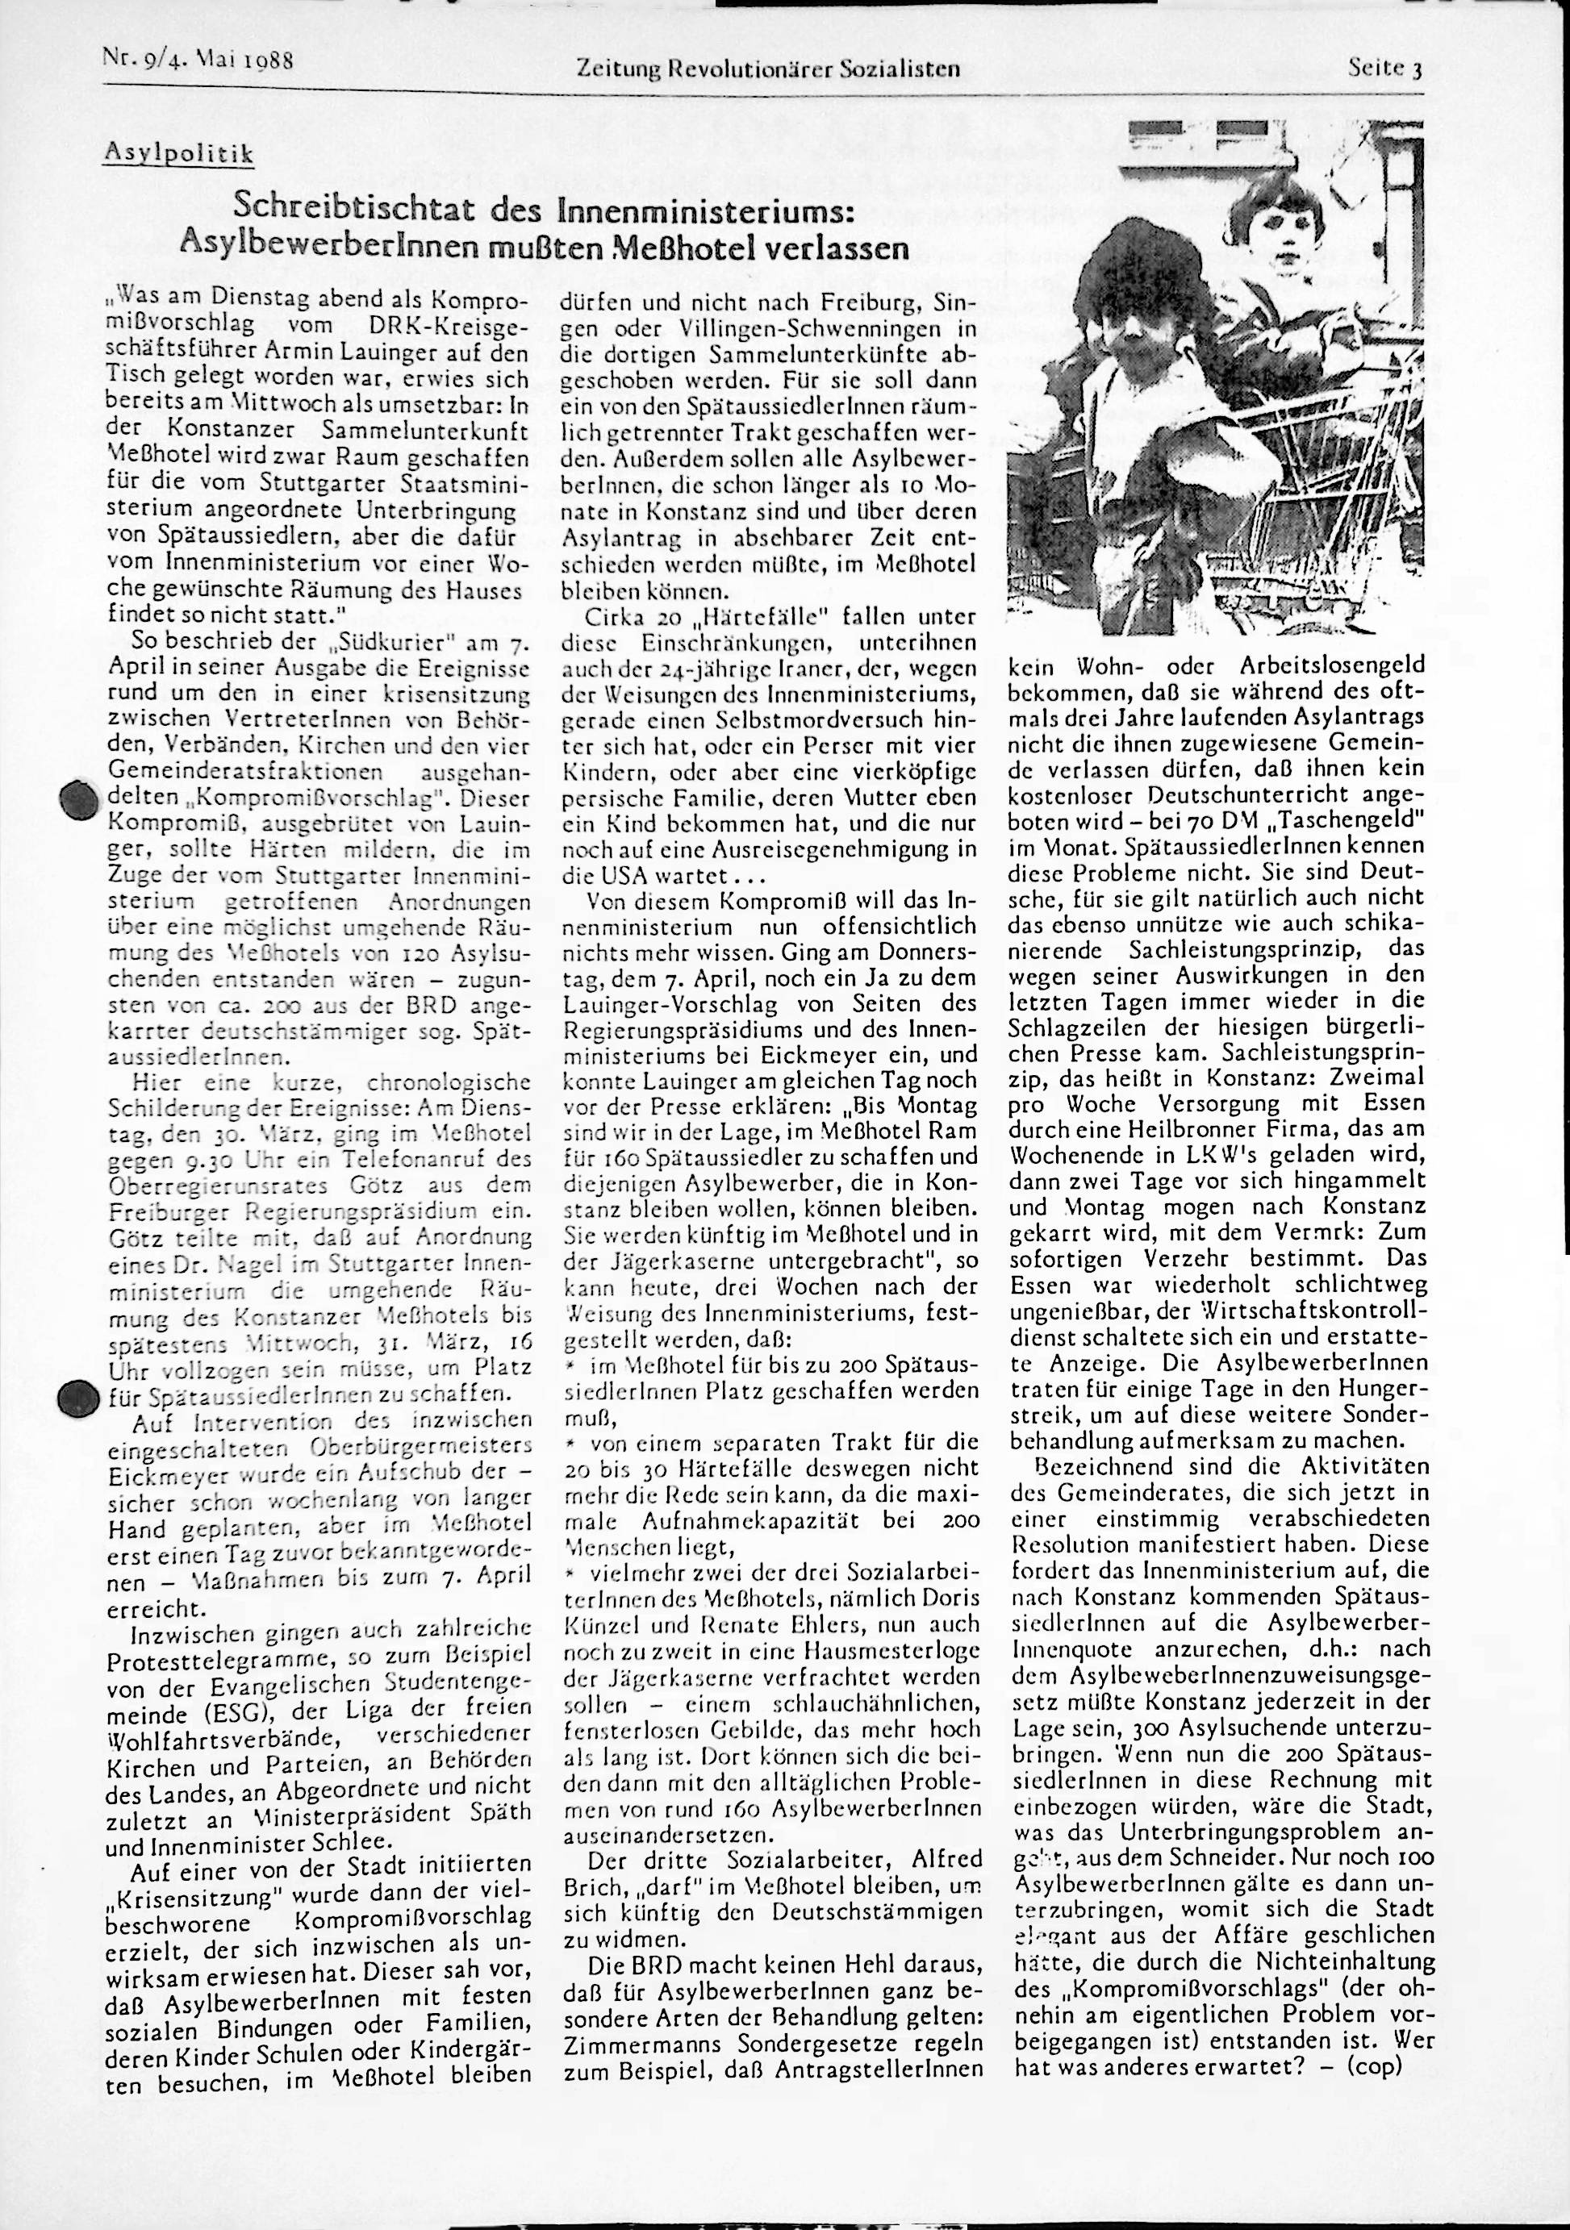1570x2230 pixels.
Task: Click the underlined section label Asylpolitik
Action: (x=177, y=152)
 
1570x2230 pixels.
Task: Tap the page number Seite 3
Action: (x=1384, y=67)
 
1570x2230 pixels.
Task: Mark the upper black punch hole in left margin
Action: (x=76, y=802)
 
